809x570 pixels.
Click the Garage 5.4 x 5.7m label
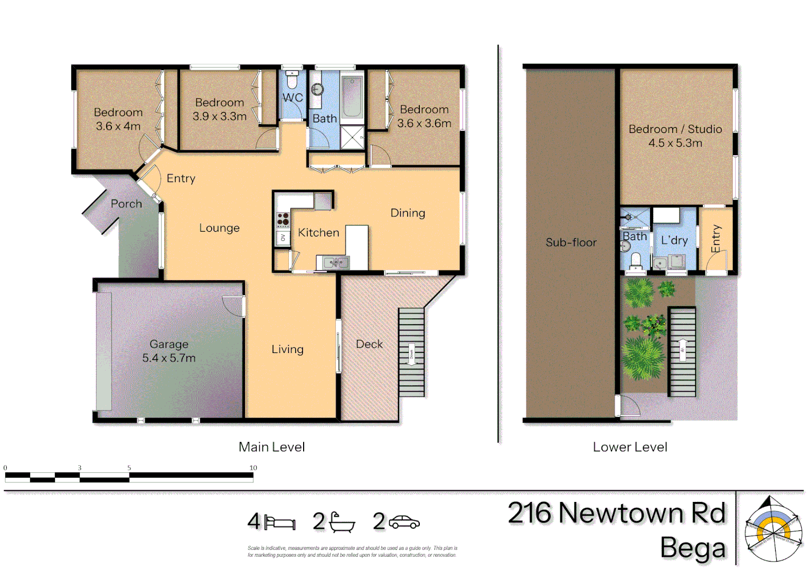coord(169,351)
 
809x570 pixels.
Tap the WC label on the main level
coord(293,98)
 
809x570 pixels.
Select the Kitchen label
coord(318,233)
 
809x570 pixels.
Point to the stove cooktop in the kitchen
coord(283,219)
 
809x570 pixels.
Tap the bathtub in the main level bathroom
coord(352,97)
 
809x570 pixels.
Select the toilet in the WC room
coord(292,80)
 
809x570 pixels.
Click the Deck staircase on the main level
coord(411,352)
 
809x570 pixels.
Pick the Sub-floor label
coord(571,242)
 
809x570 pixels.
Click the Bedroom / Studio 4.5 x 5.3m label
coord(675,136)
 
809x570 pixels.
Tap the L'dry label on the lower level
coord(674,240)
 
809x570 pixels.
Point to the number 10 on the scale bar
coord(253,468)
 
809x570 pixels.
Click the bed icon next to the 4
coord(280,522)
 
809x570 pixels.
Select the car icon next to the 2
coord(404,522)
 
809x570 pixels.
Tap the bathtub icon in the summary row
coord(342,522)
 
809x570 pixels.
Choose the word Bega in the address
coord(693,548)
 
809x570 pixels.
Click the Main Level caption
coord(271,447)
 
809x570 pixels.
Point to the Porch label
coord(126,204)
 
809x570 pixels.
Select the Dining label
coord(408,213)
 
